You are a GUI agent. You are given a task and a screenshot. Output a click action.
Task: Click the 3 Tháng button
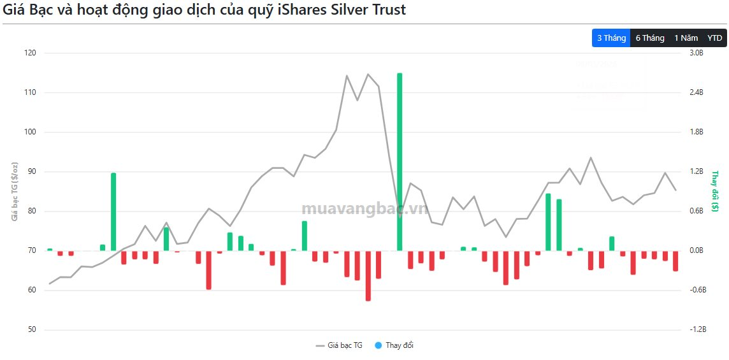611,38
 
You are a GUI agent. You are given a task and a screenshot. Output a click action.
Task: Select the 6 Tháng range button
650,38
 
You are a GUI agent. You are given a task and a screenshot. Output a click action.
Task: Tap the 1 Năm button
686,38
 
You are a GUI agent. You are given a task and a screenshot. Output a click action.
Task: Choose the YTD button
715,38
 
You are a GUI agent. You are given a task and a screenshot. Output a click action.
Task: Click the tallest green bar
400,159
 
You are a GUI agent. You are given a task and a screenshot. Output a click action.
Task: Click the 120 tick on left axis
31,53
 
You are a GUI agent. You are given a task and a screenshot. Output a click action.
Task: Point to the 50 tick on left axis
32,329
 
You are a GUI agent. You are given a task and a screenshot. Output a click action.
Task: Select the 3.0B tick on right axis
697,53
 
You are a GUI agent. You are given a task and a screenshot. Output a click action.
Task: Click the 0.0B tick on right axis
697,250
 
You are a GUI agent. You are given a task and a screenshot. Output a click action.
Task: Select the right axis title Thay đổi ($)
715,191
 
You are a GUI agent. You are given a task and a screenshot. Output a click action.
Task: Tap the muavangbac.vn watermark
364,209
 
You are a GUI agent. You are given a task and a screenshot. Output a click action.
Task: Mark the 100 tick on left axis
31,132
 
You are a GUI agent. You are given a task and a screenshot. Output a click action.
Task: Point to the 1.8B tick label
697,132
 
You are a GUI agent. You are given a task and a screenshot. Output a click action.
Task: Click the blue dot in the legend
378,345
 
